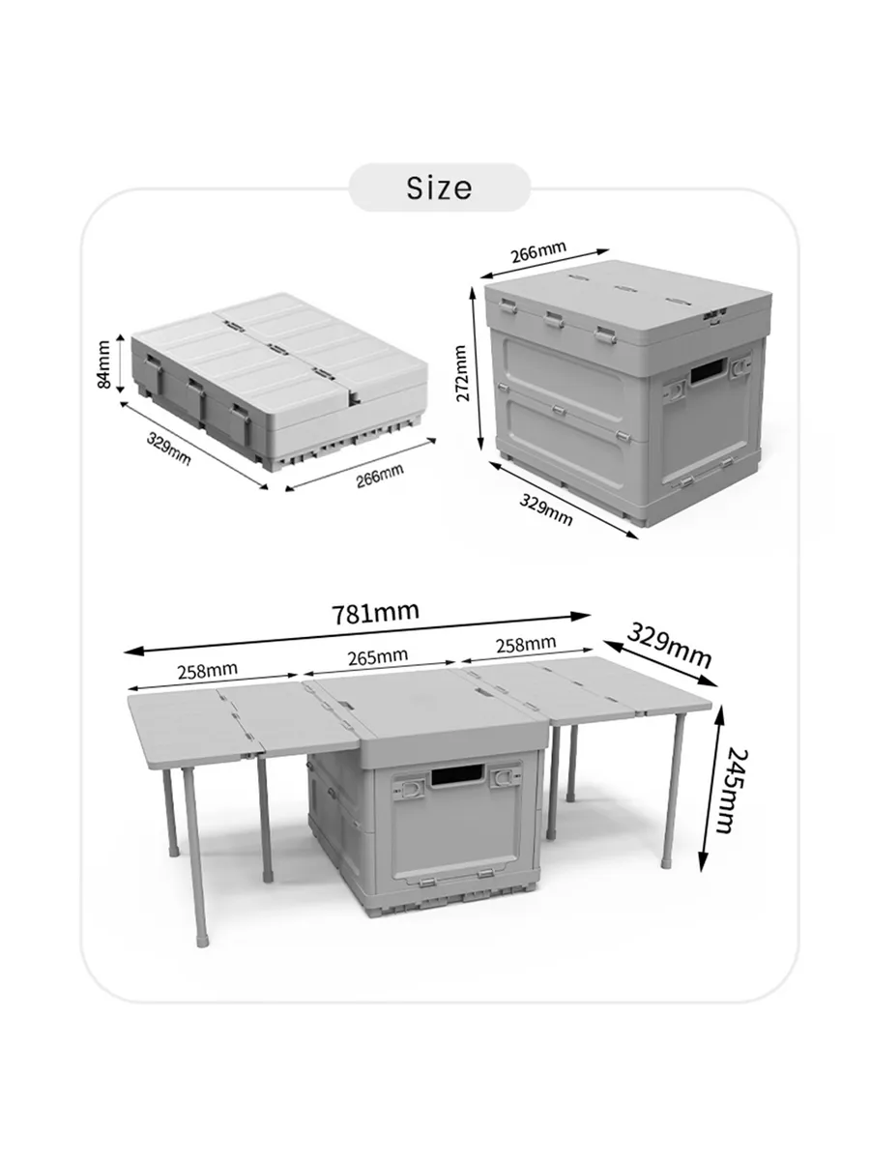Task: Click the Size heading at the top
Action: (439, 188)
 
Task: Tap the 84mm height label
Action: (104, 364)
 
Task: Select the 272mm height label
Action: (462, 373)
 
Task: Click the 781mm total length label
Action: (376, 613)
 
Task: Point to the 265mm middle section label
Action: (378, 656)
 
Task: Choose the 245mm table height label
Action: (733, 791)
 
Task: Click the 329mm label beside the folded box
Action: (168, 449)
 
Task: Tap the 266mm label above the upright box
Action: (538, 251)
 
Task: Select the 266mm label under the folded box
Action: (380, 476)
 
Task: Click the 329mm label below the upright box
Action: (545, 508)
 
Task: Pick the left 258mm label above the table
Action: (207, 670)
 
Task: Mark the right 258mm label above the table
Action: (526, 644)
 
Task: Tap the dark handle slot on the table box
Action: (457, 774)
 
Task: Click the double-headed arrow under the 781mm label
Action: (357, 633)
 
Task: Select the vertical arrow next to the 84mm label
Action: (121, 363)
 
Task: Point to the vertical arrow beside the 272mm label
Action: (477, 367)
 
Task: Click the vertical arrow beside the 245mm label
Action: (710, 789)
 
